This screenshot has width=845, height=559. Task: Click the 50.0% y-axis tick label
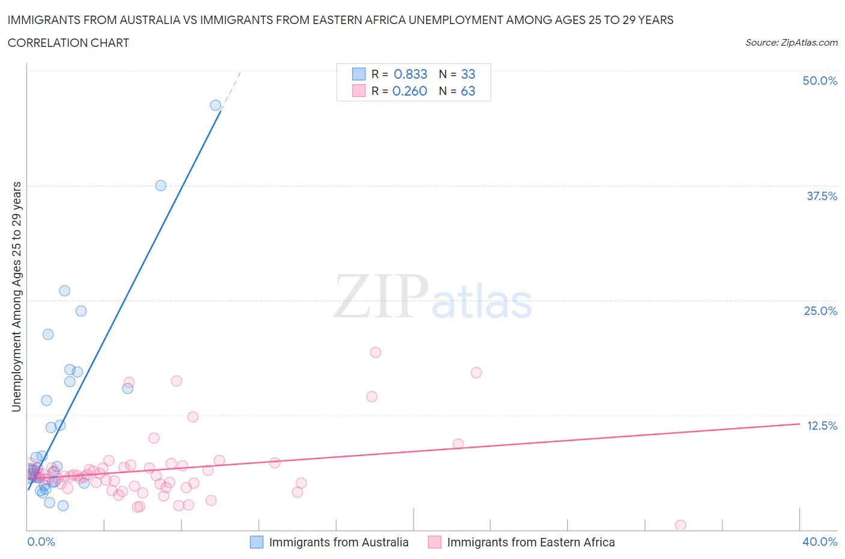coord(819,81)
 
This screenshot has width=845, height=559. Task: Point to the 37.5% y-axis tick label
coord(821,196)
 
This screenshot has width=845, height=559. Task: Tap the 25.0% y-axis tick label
coord(820,311)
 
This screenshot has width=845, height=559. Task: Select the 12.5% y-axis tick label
coord(821,426)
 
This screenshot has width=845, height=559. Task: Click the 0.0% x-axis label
coord(41,542)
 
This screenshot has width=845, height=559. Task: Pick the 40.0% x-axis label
coord(819,542)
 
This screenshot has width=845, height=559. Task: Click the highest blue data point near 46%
coord(216,105)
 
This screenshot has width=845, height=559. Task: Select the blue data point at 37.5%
coord(160,186)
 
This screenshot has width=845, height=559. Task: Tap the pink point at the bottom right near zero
coord(680,525)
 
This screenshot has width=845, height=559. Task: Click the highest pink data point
coord(376,352)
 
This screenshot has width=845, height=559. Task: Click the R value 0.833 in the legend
coord(410,74)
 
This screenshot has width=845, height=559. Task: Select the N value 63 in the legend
coord(468,91)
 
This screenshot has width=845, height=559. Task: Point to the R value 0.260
coord(409,91)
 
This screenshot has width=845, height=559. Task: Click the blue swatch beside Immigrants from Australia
coord(257,542)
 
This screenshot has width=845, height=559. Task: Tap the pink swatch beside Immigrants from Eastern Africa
coord(435,542)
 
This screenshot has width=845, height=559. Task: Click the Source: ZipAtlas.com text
coord(791,42)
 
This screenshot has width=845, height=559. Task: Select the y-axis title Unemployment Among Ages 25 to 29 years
coord(16,296)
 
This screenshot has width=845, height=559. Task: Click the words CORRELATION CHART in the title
coord(68,43)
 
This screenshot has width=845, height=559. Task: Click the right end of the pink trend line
coord(799,424)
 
